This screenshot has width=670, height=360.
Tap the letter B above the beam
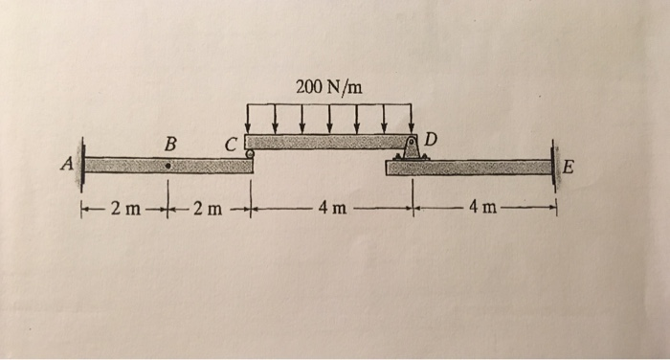[x=170, y=144]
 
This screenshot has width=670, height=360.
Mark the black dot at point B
[x=168, y=166]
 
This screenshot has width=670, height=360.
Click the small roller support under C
[x=250, y=153]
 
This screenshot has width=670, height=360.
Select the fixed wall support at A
[x=82, y=164]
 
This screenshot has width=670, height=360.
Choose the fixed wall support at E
[x=553, y=165]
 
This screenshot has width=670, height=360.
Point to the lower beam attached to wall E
[x=469, y=168]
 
